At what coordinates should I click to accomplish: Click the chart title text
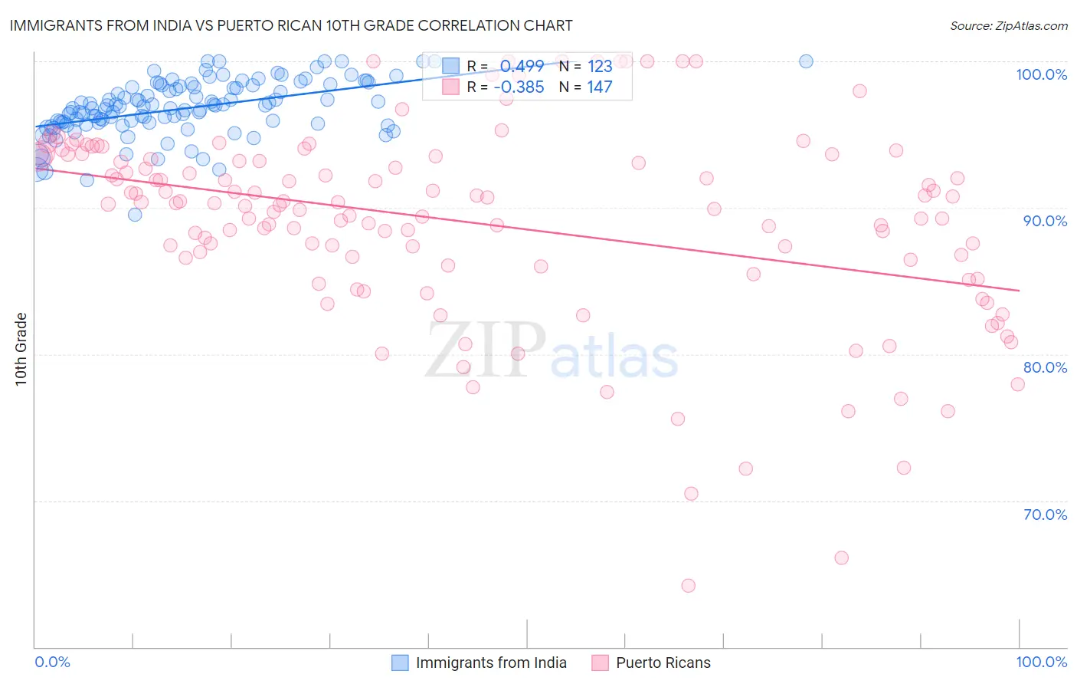tap(290, 25)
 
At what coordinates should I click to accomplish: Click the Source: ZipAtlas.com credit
tap(1008, 25)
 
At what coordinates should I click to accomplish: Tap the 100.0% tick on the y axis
tap(1041, 74)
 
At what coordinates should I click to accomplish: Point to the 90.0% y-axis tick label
tap(1045, 221)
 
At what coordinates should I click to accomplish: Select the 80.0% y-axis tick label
tap(1045, 367)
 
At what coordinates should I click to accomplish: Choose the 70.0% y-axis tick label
tap(1045, 515)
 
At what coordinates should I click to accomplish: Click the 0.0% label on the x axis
tap(52, 662)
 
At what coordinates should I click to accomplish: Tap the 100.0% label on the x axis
tap(1041, 662)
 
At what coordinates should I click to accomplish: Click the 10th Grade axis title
tap(21, 349)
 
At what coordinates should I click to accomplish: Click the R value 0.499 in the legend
tap(522, 66)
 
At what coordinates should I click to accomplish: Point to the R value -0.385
tap(519, 87)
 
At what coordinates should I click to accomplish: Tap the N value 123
tap(599, 66)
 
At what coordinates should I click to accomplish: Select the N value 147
tap(599, 87)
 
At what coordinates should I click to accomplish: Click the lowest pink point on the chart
tap(688, 586)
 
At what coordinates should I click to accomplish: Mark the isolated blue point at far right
tap(806, 61)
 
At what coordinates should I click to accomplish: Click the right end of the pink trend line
tap(1019, 291)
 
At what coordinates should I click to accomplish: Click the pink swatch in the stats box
tap(450, 87)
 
